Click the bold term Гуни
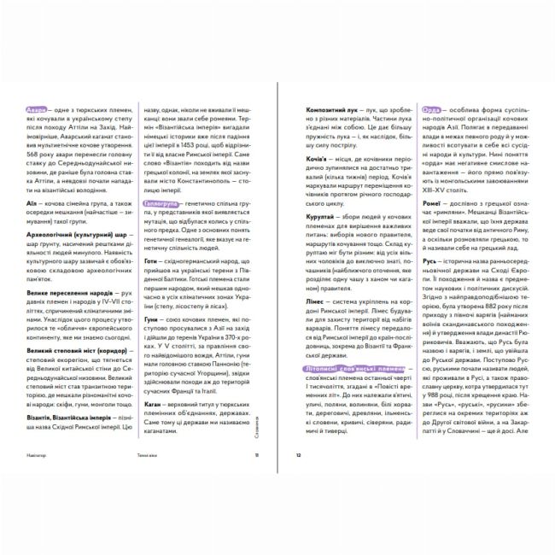(x=153, y=317)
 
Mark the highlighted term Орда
(x=432, y=110)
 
